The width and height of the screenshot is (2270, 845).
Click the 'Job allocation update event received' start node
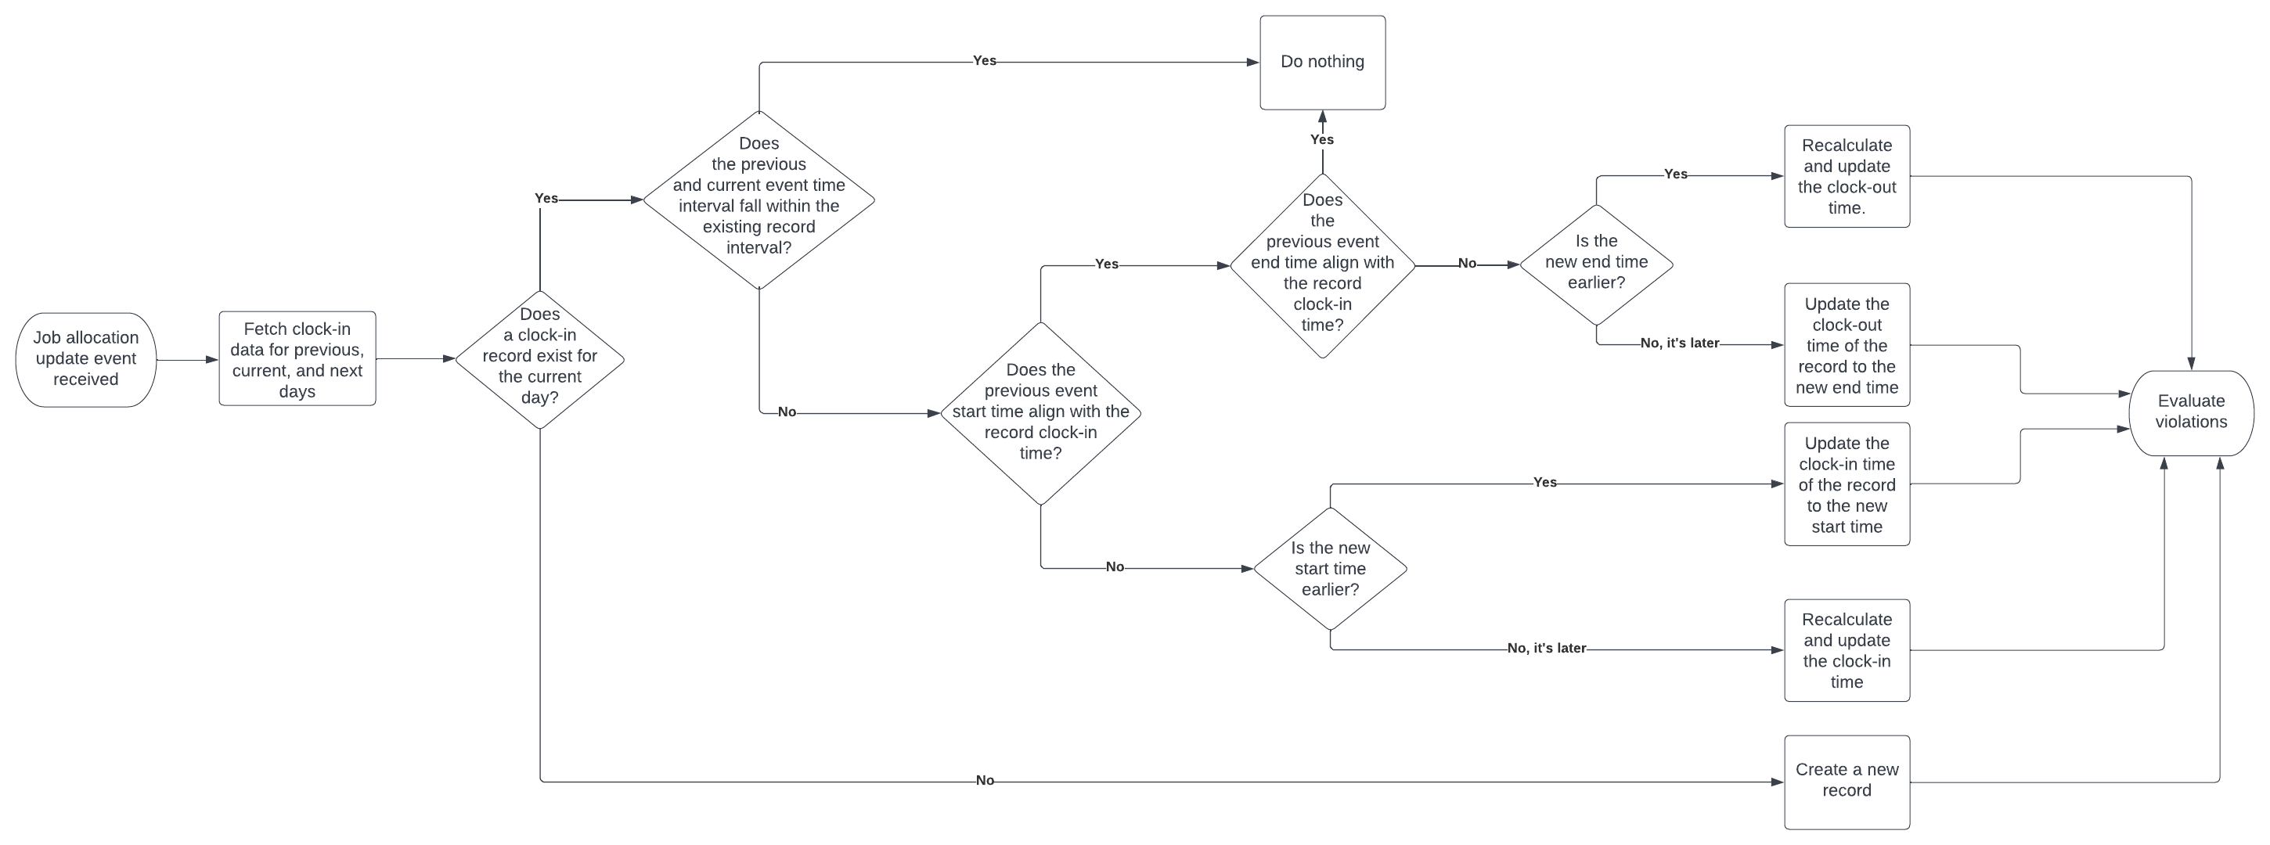coord(85,359)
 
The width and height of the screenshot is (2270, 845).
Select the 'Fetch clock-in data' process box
coord(297,359)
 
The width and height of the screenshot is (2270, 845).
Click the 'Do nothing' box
coord(1322,62)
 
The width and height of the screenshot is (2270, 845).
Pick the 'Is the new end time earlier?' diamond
coord(1596,263)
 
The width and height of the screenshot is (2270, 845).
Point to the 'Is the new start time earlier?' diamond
coord(1330,568)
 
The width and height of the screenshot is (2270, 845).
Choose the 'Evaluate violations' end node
coord(2191,412)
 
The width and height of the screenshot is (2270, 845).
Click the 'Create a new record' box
coord(1847,781)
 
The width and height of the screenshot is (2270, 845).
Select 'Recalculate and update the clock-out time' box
coord(1847,176)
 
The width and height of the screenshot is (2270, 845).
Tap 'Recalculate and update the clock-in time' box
coord(1847,650)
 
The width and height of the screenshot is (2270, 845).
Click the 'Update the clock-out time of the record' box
coord(1847,345)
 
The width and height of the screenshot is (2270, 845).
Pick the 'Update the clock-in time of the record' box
coord(1847,484)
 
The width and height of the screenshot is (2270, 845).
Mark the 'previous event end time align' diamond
coord(1322,264)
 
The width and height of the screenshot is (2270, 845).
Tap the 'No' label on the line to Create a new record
coord(984,781)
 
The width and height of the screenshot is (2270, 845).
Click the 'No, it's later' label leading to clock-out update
coord(1679,343)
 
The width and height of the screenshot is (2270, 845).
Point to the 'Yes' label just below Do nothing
coord(1322,139)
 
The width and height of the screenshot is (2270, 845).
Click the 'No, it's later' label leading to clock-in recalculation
coord(1546,649)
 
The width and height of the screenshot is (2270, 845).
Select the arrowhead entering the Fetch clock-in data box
coord(212,359)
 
